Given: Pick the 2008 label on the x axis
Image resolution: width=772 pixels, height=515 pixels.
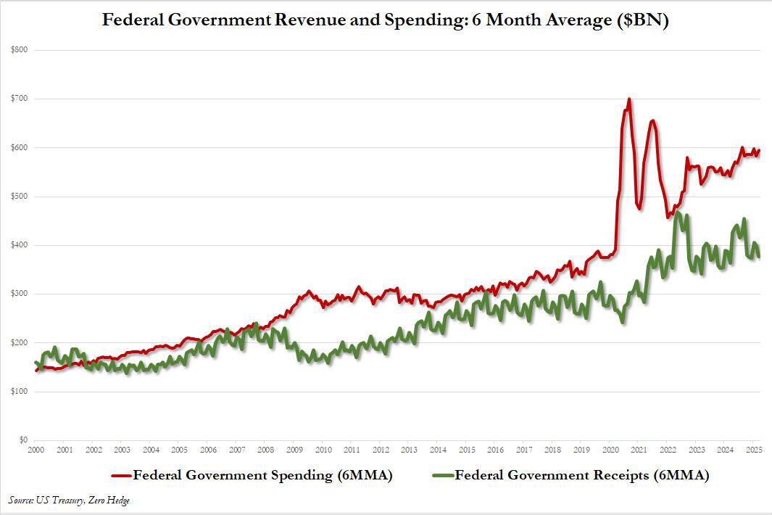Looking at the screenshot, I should click(x=266, y=450).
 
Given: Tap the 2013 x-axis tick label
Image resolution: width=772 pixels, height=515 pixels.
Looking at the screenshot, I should click(x=409, y=450).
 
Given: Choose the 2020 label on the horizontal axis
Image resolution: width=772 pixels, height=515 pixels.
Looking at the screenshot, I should click(x=610, y=450).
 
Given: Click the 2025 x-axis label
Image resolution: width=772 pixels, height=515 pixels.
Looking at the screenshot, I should click(x=752, y=450).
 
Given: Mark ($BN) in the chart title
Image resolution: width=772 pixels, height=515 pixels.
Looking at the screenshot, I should click(x=642, y=20).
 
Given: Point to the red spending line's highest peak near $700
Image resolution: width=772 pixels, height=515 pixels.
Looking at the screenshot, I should click(x=628, y=99).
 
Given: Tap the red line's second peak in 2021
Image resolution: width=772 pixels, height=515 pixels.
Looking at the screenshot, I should click(x=653, y=121).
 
